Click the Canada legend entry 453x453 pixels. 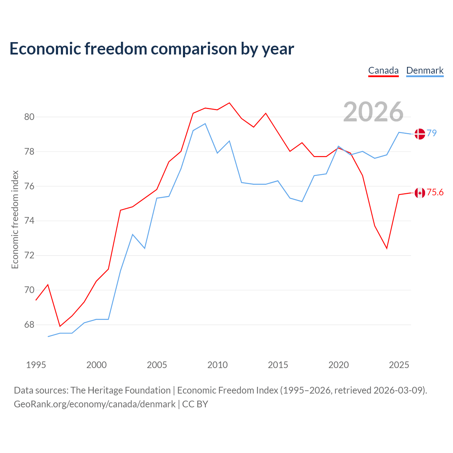pyautogui.click(x=383, y=70)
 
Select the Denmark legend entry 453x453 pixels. pyautogui.click(x=425, y=70)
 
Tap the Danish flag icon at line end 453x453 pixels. pyautogui.click(x=420, y=134)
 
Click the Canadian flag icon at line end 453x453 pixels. pyautogui.click(x=420, y=193)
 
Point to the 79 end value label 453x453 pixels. pyautogui.click(x=432, y=133)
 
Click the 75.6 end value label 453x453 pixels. pyautogui.click(x=435, y=192)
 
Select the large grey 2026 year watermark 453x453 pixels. pyautogui.click(x=373, y=112)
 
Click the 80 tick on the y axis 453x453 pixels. pyautogui.click(x=29, y=117)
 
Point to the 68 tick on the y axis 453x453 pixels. pyautogui.click(x=29, y=325)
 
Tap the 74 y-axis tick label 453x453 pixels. pyautogui.click(x=29, y=221)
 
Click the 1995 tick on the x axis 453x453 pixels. pyautogui.click(x=36, y=365)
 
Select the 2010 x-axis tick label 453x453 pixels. pyautogui.click(x=217, y=365)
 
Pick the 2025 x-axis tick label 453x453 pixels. pyautogui.click(x=399, y=365)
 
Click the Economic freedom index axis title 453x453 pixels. pyautogui.click(x=15, y=219)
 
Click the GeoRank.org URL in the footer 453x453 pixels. pyautogui.click(x=94, y=405)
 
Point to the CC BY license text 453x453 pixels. pyautogui.click(x=195, y=404)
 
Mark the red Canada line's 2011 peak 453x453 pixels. pyautogui.click(x=229, y=103)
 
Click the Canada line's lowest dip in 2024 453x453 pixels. pyautogui.click(x=387, y=248)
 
